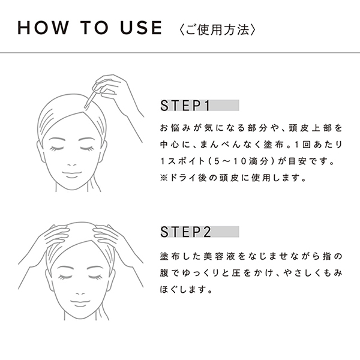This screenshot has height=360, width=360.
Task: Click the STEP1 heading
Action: coord(184,106)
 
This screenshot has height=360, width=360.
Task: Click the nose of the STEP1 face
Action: coord(72,161)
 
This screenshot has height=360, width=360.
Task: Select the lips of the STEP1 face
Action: coord(72,174)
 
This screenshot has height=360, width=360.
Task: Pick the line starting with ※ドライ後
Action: coord(232,178)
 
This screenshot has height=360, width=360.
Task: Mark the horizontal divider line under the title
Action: coord(180,53)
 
